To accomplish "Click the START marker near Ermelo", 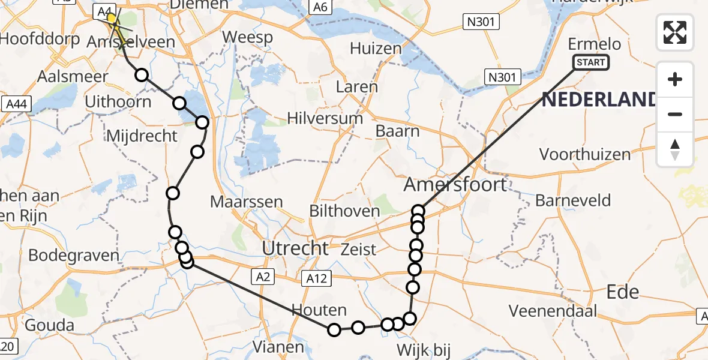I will coord(591,62).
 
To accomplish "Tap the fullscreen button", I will coord(675,32).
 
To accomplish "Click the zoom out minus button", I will coord(675,114).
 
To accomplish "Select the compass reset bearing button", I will coord(675,149).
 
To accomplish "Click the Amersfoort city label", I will coord(455,184).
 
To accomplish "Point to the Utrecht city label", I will coord(295,248).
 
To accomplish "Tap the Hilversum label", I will coord(325,118).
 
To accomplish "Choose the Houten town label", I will coord(319,310).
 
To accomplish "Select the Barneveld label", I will coord(572,200).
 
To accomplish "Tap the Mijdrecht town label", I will coord(142,136).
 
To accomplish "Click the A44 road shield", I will coord(16,104).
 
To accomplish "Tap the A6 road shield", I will coord(319,7).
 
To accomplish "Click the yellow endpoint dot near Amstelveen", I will coord(112,19).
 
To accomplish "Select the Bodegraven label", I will coord(74,255).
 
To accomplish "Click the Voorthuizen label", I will coord(584,154).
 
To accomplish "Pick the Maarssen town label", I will coord(246,201).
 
